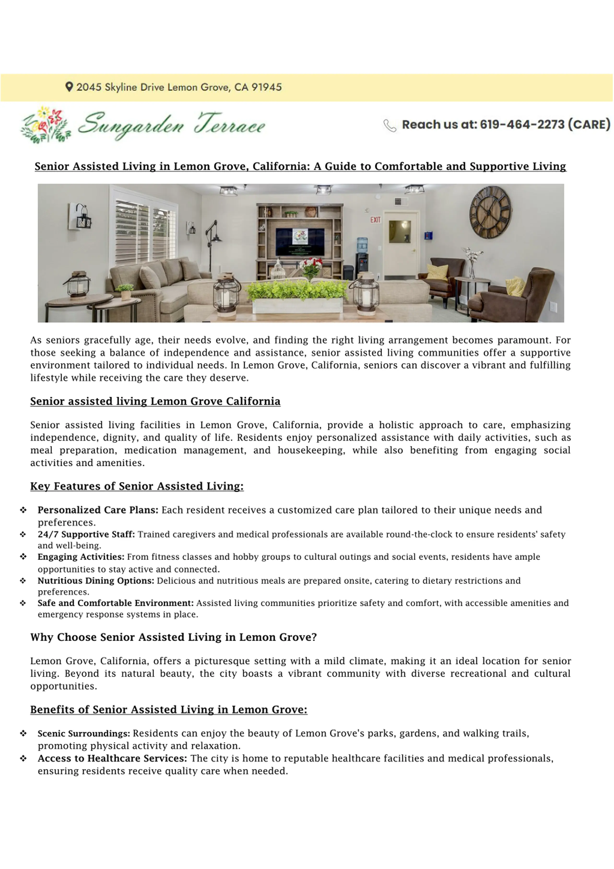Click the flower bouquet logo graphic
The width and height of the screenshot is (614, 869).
pyautogui.click(x=45, y=125)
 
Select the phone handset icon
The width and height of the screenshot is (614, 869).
pyautogui.click(x=390, y=125)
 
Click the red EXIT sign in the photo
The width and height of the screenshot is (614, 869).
pyautogui.click(x=375, y=220)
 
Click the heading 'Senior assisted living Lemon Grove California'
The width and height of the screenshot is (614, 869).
pyautogui.click(x=155, y=401)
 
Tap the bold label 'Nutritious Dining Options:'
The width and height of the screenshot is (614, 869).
pyautogui.click(x=96, y=581)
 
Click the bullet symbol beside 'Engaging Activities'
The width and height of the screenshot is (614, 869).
pyautogui.click(x=23, y=557)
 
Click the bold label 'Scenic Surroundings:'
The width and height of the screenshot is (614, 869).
pyautogui.click(x=84, y=733)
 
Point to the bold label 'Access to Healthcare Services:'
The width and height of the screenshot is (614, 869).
pyautogui.click(x=112, y=758)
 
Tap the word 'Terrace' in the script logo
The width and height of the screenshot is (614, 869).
pyautogui.click(x=230, y=124)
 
